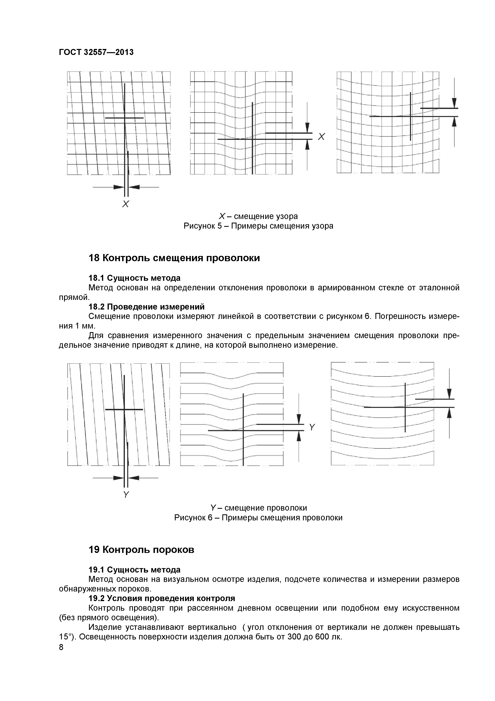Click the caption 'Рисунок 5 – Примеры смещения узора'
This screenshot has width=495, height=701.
click(x=258, y=226)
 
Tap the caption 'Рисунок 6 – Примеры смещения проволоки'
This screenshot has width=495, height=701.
click(x=258, y=518)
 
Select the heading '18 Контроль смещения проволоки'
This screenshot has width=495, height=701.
click(x=174, y=258)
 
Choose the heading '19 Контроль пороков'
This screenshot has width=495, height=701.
click(x=141, y=550)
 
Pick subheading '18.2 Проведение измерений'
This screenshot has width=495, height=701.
click(x=146, y=307)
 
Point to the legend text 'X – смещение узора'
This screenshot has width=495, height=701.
click(x=258, y=216)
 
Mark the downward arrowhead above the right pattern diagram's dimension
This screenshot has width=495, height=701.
click(x=454, y=103)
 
